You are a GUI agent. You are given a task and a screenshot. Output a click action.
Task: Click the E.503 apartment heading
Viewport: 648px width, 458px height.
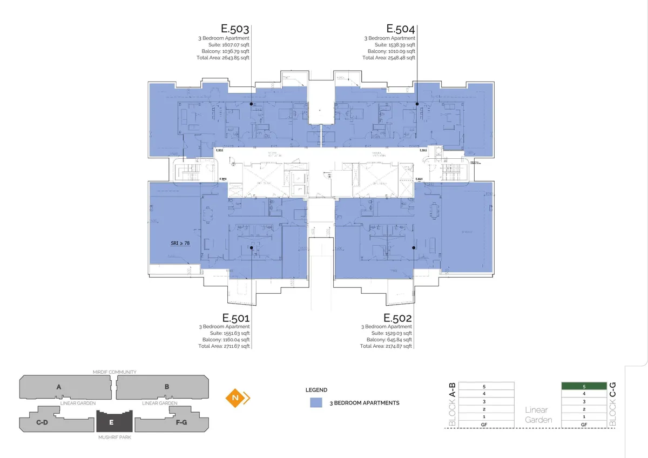pyautogui.click(x=235, y=29)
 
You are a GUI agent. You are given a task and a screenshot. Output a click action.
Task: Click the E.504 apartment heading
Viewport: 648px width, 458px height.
pyautogui.click(x=401, y=29)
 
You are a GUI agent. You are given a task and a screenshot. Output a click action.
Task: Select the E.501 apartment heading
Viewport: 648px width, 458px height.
pyautogui.click(x=235, y=317)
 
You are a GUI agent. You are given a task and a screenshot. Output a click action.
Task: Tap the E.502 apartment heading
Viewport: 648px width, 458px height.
pyautogui.click(x=398, y=317)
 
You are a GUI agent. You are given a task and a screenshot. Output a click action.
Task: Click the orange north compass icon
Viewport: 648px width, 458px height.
pyautogui.click(x=237, y=398)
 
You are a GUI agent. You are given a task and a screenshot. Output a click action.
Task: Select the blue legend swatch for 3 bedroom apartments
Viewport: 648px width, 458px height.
pyautogui.click(x=316, y=403)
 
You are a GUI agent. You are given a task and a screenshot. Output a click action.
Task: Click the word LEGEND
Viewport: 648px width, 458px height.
pyautogui.click(x=316, y=389)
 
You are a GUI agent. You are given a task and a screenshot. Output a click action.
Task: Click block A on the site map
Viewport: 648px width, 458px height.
pyautogui.click(x=58, y=387)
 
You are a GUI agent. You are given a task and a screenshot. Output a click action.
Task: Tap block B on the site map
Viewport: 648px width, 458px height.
pyautogui.click(x=167, y=387)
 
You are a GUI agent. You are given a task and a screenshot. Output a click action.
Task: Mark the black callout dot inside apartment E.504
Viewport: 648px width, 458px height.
pyautogui.click(x=417, y=103)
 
